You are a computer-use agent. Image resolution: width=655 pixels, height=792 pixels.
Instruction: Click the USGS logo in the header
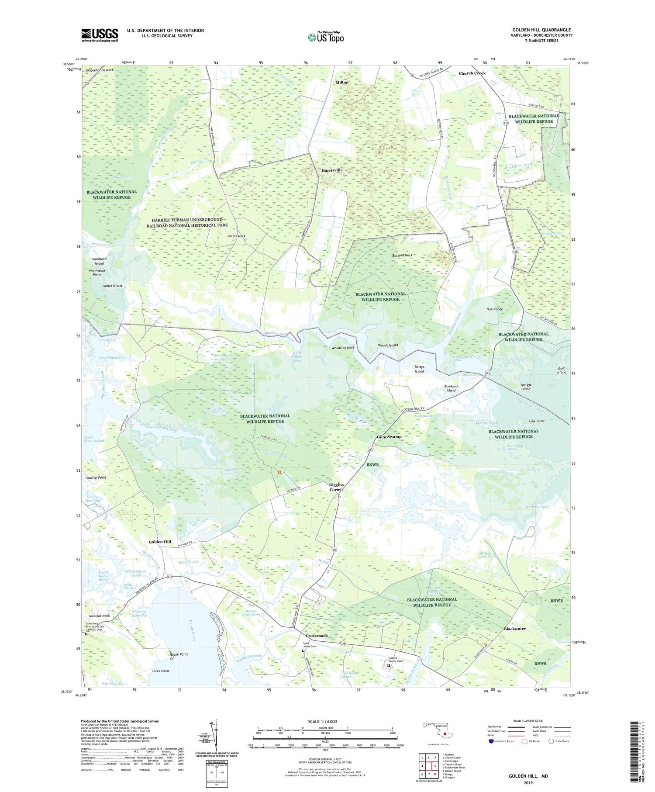pos(100,35)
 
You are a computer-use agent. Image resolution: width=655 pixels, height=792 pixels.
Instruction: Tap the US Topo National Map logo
pos(325,38)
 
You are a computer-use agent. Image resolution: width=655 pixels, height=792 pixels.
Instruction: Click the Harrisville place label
pos(332,170)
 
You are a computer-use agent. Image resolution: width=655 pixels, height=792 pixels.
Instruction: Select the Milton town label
pos(342,82)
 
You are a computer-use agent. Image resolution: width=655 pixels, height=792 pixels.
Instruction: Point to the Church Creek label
pos(472,73)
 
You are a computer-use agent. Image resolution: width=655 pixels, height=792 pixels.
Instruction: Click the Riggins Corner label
pos(336,487)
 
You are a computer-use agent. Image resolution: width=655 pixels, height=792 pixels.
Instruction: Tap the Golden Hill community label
pos(160,542)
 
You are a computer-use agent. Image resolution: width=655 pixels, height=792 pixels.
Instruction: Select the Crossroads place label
pos(316,636)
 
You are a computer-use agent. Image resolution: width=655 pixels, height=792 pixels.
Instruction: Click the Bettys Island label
pos(419,369)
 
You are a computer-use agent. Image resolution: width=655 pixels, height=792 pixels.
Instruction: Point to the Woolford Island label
pos(99,261)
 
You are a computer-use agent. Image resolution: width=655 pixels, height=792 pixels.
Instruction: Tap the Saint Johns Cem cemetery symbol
pos(304,650)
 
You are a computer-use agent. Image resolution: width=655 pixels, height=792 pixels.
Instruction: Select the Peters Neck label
pos(236,236)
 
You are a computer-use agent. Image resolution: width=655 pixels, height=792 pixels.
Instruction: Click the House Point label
pos(179,654)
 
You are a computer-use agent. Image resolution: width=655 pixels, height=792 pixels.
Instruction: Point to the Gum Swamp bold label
pos(389,437)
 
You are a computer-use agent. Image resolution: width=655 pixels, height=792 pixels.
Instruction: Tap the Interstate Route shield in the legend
pos(492,741)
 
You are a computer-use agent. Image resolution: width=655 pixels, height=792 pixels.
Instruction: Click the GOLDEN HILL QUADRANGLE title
pos(541,30)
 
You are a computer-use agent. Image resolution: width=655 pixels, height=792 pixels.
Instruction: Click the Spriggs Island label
pos(525,387)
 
